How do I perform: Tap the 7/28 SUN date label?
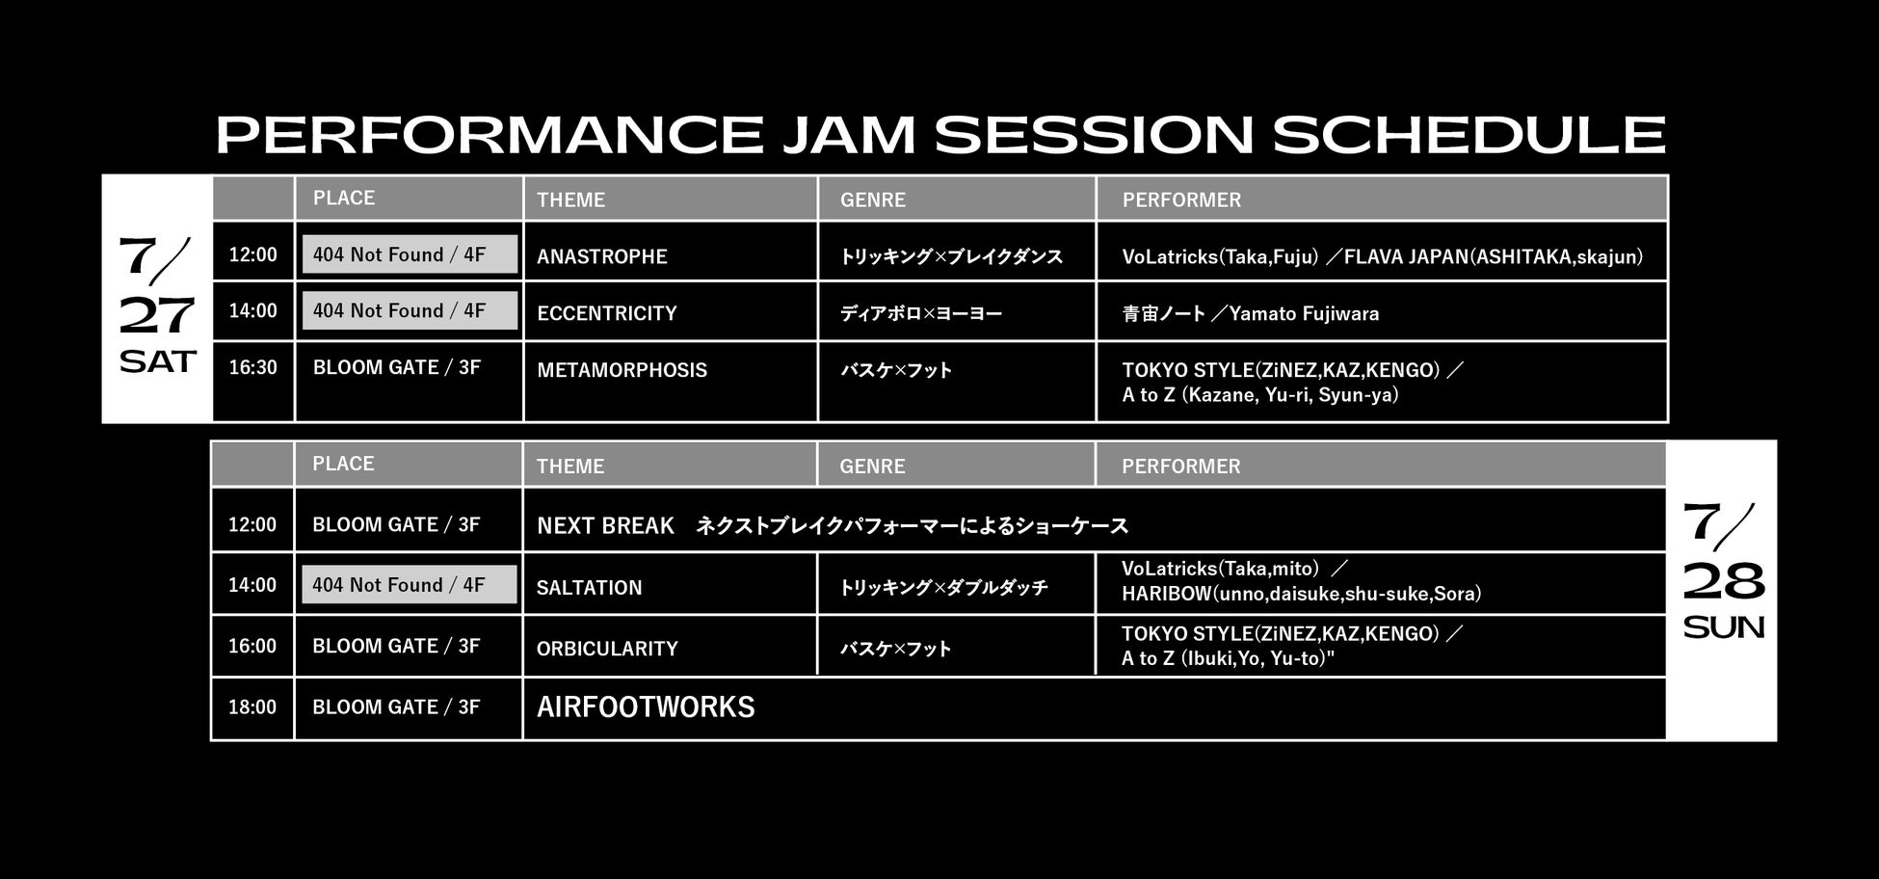pos(1724,572)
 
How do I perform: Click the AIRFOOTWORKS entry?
pos(646,707)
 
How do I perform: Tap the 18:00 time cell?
pos(252,707)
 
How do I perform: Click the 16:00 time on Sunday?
pos(252,646)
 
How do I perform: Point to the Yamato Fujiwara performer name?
pos(1304,313)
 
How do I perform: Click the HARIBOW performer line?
pos(1302,594)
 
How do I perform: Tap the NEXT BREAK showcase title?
pos(605,526)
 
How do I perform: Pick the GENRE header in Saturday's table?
pos(873,200)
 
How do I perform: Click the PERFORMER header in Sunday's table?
pos(1180,466)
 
